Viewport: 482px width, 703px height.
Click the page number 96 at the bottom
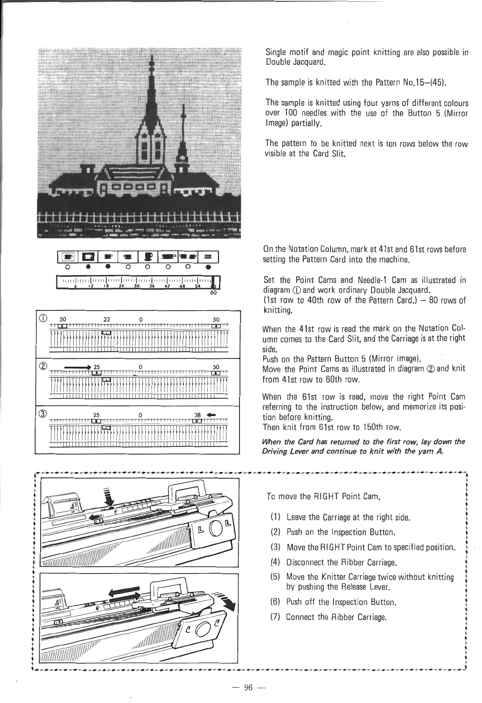click(248, 687)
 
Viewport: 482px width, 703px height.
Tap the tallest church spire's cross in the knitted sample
click(151, 64)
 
